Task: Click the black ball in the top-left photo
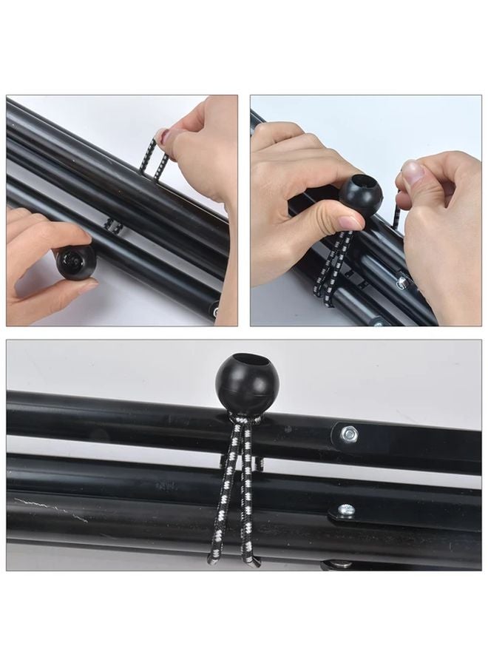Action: pos(75,262)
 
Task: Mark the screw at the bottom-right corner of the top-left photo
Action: pos(214,311)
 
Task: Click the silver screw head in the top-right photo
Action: pos(401,282)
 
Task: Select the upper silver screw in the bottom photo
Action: pos(348,434)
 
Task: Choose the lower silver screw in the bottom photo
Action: pos(345,510)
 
